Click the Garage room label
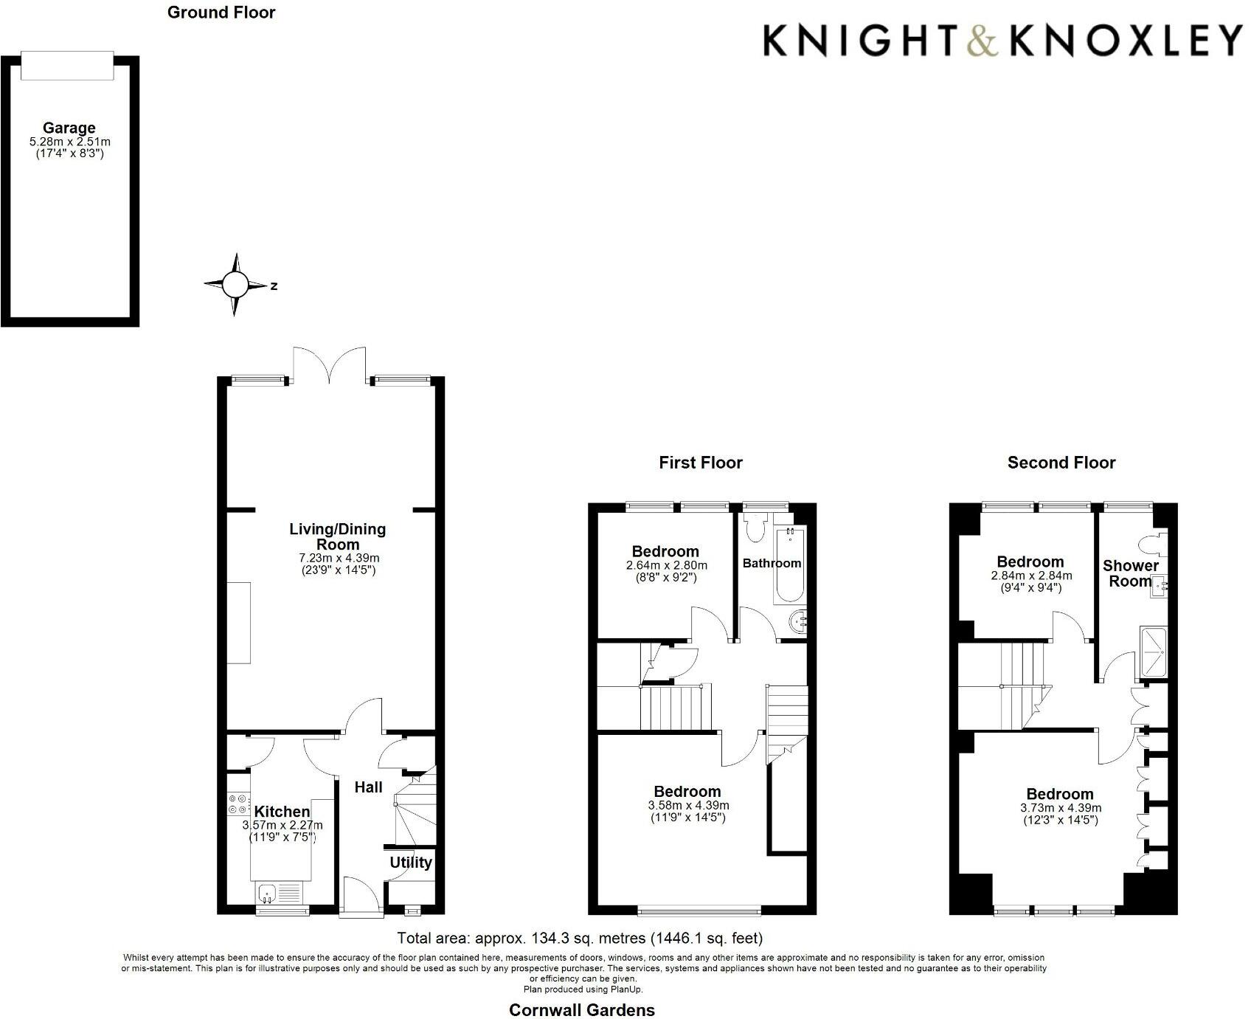pos(69,128)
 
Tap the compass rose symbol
pos(235,285)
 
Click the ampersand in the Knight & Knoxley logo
pos(983,41)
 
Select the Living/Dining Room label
pos(336,536)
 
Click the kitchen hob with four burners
pos(238,803)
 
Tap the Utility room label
pos(411,863)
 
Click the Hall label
pos(368,787)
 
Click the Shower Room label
pos(1130,573)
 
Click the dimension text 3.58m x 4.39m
pos(688,805)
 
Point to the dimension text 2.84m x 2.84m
pos(1031,576)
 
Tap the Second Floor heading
pos(1061,463)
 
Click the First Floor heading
pos(700,463)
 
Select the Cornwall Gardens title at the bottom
pos(581,1010)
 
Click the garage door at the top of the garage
pos(67,65)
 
